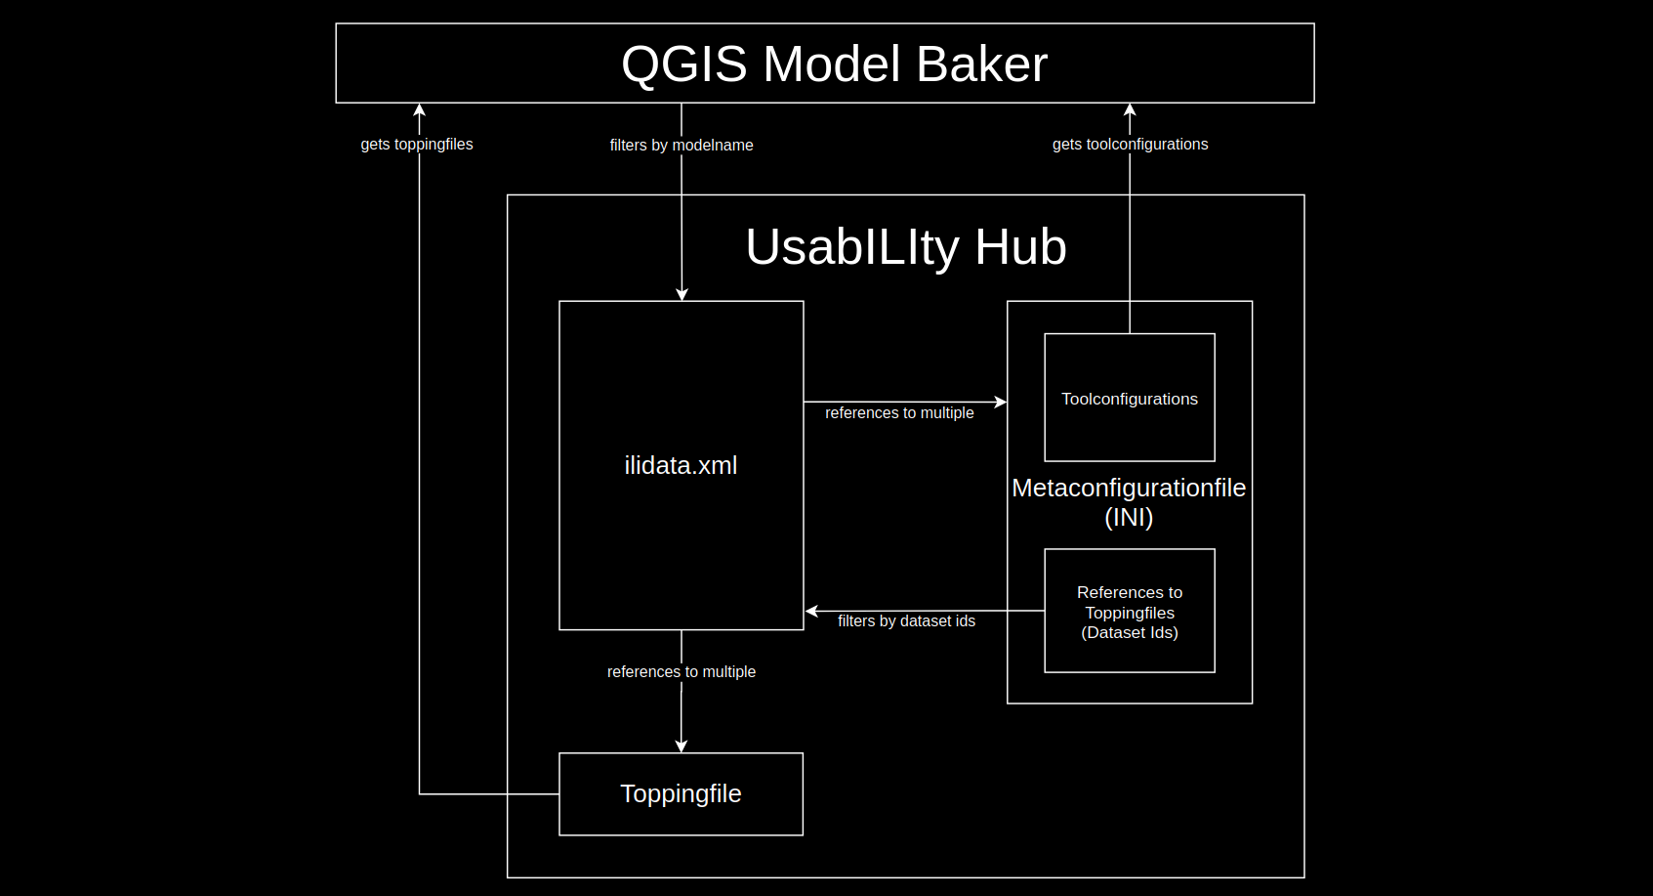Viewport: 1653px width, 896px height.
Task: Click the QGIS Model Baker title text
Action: [834, 64]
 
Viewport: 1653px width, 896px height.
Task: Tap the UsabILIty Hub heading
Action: [905, 246]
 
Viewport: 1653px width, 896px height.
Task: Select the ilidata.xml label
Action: [681, 465]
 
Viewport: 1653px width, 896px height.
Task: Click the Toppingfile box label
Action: [681, 793]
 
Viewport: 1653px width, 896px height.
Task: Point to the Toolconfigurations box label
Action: [1129, 399]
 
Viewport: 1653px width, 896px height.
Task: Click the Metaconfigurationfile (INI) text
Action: [1129, 501]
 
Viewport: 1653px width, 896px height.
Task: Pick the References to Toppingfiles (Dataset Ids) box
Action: [1129, 612]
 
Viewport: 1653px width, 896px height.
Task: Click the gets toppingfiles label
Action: [416, 144]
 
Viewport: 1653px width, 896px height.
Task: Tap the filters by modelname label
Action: [681, 145]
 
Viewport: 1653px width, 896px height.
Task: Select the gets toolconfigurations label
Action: [1130, 144]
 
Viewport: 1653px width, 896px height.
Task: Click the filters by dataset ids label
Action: [906, 620]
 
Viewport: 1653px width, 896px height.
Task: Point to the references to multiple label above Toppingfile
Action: [681, 671]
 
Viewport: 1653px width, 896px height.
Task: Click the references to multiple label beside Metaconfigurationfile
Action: [898, 412]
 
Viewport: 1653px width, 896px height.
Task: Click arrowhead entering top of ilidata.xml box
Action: [682, 294]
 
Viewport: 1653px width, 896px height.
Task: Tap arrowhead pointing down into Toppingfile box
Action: [681, 747]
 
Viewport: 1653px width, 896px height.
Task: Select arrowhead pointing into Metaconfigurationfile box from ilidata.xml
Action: [1001, 402]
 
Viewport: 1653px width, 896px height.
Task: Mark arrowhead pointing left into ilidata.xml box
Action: [811, 611]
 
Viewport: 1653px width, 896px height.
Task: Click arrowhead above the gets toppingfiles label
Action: [419, 109]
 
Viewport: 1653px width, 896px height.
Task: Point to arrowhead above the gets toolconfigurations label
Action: [1130, 109]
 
